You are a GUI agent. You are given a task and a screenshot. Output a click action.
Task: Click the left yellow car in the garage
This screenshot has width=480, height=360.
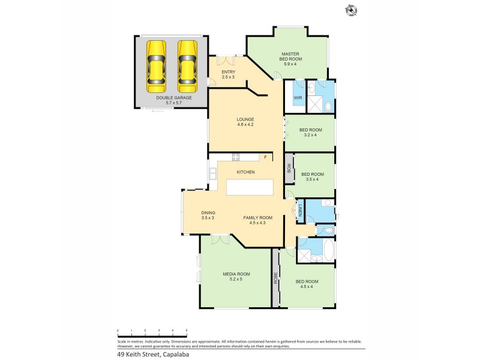(157, 63)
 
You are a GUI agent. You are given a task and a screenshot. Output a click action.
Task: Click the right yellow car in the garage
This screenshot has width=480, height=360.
(187, 63)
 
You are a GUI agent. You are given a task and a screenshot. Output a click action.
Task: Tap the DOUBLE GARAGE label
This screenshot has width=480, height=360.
(169, 100)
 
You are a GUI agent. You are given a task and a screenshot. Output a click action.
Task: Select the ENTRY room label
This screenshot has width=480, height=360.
(229, 74)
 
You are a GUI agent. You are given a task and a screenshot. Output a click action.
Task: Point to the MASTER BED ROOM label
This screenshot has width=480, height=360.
(291, 57)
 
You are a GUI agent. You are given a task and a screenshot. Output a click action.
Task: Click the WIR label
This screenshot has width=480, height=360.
(298, 98)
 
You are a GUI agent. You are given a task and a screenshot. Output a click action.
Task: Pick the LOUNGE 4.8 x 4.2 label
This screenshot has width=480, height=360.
(245, 122)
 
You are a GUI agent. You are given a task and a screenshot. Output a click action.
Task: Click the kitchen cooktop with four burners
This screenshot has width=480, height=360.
(236, 158)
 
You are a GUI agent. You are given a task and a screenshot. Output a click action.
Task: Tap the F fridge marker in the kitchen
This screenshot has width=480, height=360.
(265, 157)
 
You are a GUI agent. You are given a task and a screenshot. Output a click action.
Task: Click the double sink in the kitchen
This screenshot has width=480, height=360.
(213, 175)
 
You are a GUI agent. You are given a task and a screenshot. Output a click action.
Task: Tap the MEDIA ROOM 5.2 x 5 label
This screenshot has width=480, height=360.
(236, 277)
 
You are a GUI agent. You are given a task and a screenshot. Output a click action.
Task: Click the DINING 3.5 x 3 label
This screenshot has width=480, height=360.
(208, 215)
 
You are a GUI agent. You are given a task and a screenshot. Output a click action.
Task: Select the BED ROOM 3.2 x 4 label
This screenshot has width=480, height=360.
(311, 132)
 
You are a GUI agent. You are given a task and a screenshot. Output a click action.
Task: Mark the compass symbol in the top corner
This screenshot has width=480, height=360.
(350, 10)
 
